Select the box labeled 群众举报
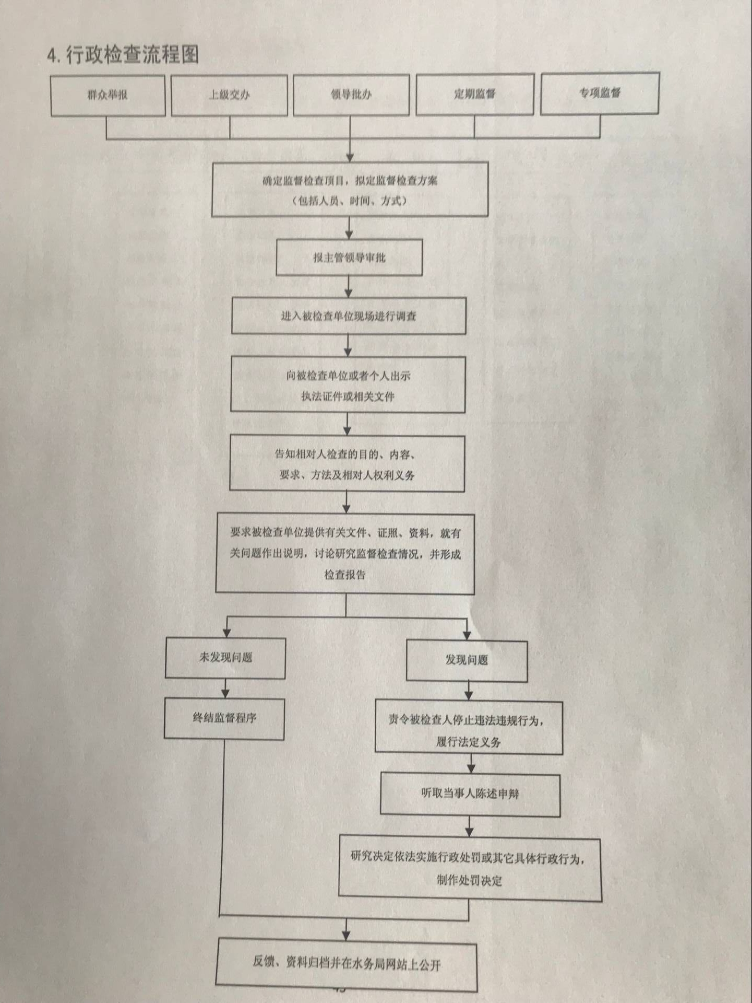pyautogui.click(x=108, y=95)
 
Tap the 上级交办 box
pyautogui.click(x=229, y=95)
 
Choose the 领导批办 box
pyautogui.click(x=351, y=95)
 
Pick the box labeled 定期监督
pyautogui.click(x=474, y=94)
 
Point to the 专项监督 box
pyautogui.click(x=600, y=93)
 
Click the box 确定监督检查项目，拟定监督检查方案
pyautogui.click(x=350, y=190)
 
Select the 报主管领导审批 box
pyautogui.click(x=349, y=258)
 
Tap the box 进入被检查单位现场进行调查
pyautogui.click(x=349, y=316)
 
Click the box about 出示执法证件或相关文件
pyautogui.click(x=348, y=385)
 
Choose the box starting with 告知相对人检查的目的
pyautogui.click(x=347, y=464)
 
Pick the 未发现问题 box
pyautogui.click(x=225, y=658)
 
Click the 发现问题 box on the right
pyautogui.click(x=467, y=660)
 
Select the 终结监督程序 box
pyautogui.click(x=224, y=718)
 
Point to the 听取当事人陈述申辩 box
pyautogui.click(x=470, y=794)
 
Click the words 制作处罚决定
pyautogui.click(x=469, y=881)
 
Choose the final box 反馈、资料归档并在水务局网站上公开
pyautogui.click(x=347, y=963)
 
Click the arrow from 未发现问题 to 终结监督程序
pyautogui.click(x=225, y=689)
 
